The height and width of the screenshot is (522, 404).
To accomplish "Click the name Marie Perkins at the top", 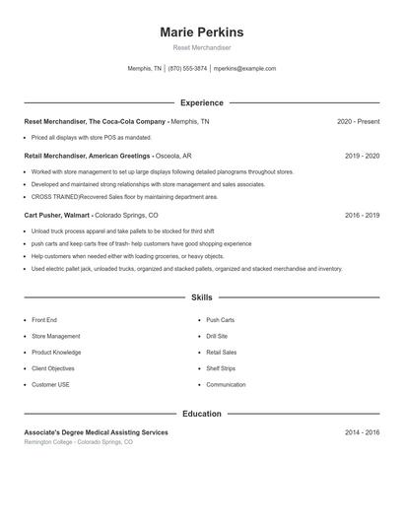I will coord(201,33).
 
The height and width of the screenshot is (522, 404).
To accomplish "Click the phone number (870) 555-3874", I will coord(187,69).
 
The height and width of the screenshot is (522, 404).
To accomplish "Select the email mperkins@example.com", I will coord(244,69).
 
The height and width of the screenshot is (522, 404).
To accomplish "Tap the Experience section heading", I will coord(201,102).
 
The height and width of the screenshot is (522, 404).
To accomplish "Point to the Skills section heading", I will coord(201,296).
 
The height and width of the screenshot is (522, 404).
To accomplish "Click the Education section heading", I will coord(201,414).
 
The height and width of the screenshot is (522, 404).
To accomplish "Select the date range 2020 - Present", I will coord(358,121).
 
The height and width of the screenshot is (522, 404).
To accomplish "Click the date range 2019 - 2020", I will coord(362,156).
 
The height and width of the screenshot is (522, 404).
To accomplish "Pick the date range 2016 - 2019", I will coord(362,215).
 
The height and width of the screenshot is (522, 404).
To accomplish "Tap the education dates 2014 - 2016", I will coord(362,432).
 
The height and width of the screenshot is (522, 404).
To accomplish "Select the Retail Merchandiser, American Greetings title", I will coord(87,156).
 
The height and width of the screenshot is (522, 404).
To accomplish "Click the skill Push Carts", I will coord(220,320).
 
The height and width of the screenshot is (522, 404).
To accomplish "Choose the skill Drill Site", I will coord(217,336).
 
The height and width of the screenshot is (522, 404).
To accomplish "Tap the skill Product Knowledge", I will coord(56,352).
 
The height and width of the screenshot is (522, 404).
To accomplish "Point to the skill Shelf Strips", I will coord(221,368).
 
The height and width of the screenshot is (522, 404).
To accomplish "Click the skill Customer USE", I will coord(50,384).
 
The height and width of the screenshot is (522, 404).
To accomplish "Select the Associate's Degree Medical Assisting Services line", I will coord(96,432).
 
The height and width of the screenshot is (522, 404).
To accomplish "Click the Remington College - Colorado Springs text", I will coord(78,442).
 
